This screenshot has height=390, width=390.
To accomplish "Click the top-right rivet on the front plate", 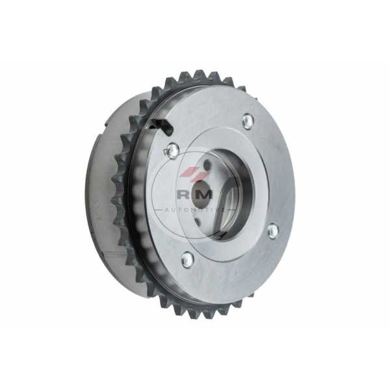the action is point(248,121).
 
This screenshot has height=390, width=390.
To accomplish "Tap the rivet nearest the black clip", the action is point(173,150).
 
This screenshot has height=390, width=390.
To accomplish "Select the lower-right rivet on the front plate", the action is point(273,230).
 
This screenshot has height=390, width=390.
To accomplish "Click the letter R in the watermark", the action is point(183,194).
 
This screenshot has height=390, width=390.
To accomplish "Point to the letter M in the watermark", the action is point(206,194).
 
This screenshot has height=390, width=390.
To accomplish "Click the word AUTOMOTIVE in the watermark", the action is point(195,211).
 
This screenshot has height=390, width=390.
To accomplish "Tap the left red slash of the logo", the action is point(187,172).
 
